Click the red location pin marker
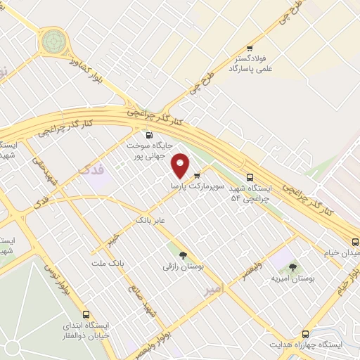point(181,165)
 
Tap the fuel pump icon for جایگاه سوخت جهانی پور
point(148,135)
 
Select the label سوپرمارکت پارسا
point(198,187)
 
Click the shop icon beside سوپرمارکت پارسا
point(197,175)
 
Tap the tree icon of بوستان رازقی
point(183,255)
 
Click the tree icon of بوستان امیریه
point(292,266)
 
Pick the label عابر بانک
point(150,220)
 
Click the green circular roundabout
point(52,42)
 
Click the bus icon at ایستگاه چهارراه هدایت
point(305,334)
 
